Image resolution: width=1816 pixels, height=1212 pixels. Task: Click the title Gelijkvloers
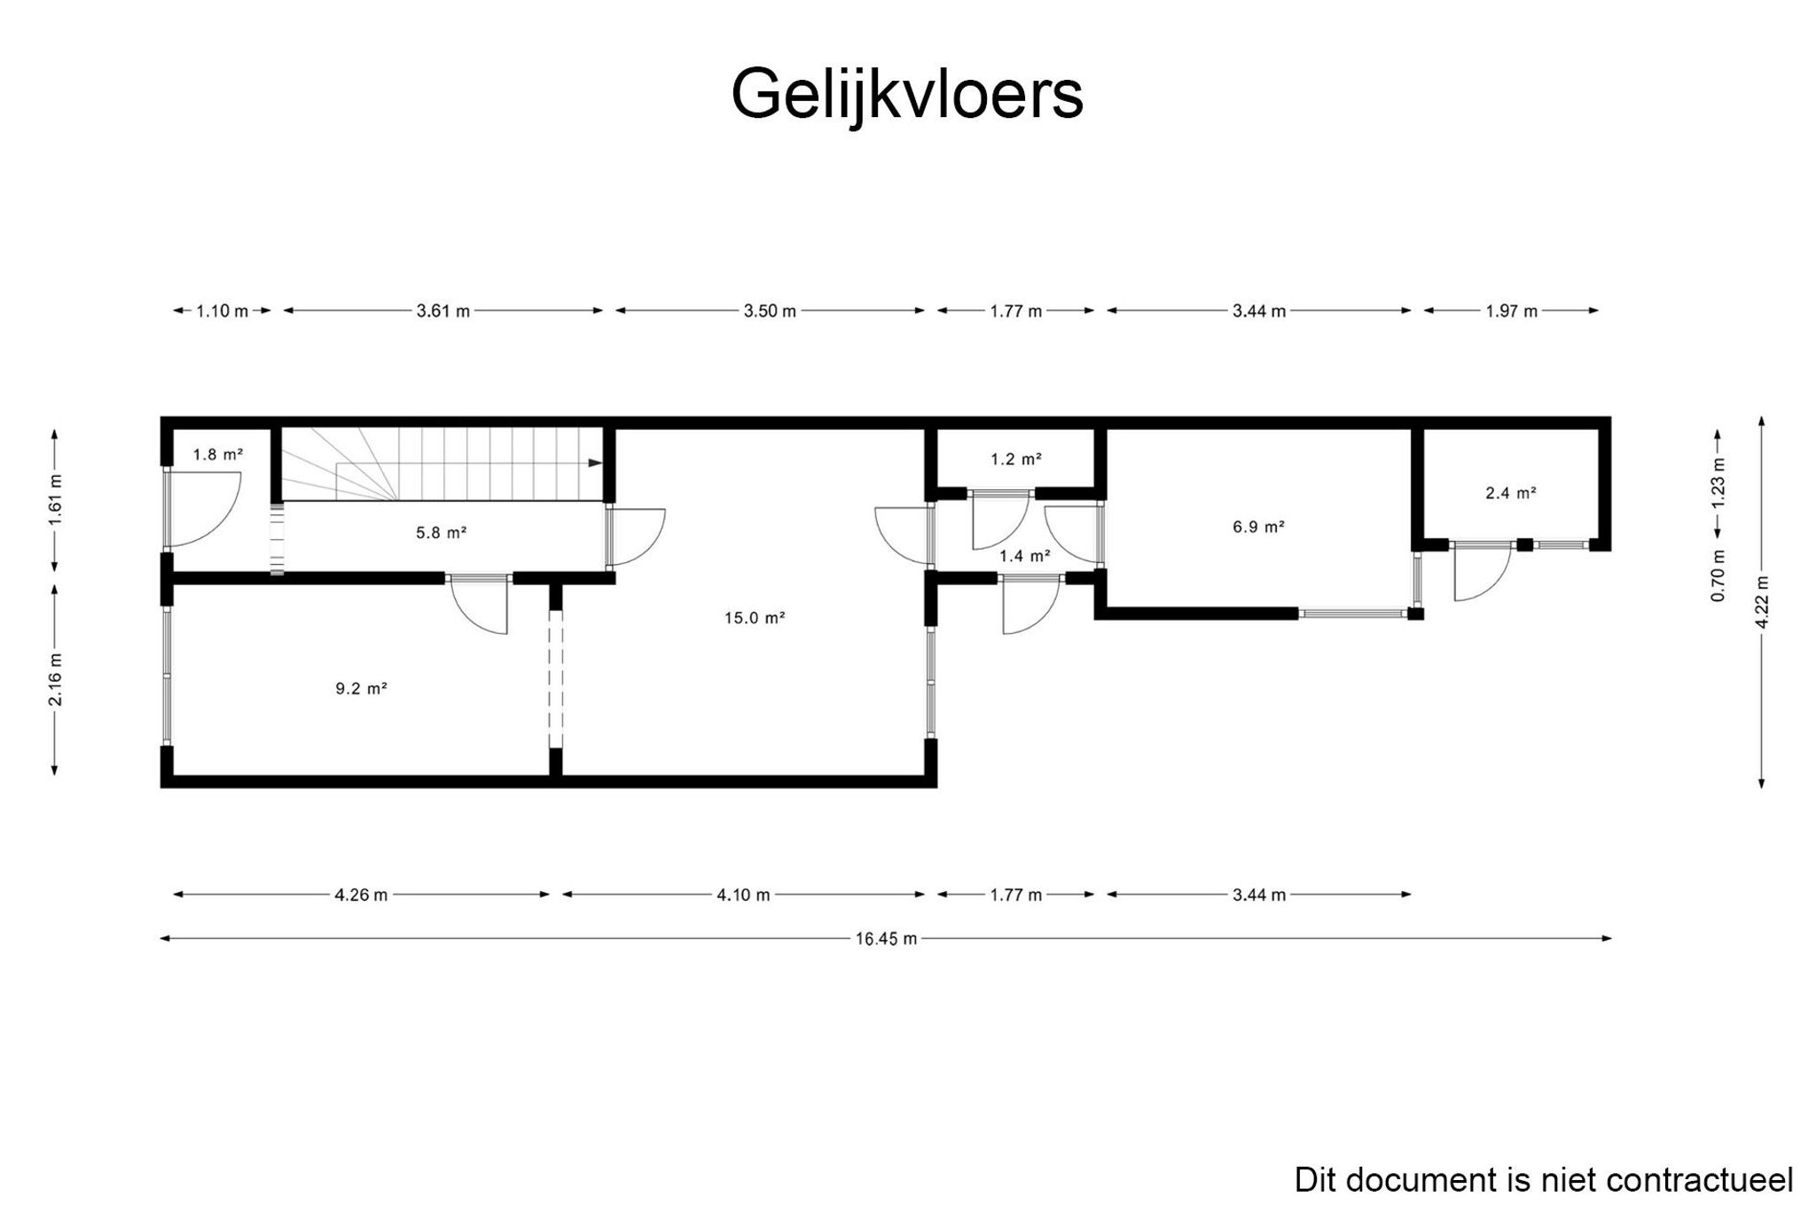(906, 95)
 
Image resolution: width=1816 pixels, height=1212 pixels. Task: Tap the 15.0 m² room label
(755, 618)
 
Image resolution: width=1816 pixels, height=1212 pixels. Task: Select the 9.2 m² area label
(361, 688)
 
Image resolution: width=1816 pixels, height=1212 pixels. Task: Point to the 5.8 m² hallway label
(441, 533)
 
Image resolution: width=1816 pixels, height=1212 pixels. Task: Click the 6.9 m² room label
(1258, 527)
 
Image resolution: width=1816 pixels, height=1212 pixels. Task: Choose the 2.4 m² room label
(1511, 493)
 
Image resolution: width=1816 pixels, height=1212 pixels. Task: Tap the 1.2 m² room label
(1016, 459)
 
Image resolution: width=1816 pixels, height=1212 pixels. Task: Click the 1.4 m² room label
(1025, 556)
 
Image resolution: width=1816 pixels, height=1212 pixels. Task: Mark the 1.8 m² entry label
(218, 455)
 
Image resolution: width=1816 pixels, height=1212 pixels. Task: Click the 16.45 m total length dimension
(886, 939)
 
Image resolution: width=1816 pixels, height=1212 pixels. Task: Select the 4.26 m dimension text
(361, 895)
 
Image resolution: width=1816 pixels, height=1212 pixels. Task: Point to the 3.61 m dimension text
(442, 311)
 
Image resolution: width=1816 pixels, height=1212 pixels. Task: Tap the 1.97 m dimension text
(1512, 311)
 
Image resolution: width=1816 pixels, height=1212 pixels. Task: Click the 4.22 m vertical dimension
(1762, 602)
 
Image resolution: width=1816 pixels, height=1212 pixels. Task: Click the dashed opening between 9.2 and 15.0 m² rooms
(556, 679)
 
